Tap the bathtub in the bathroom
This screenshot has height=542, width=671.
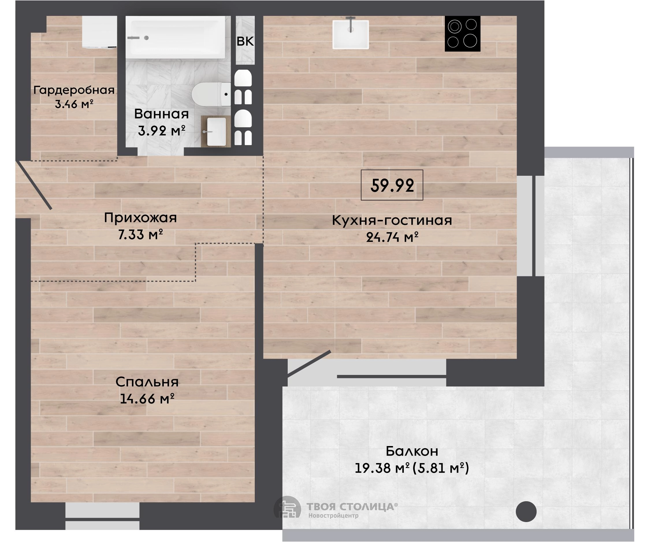click(175, 38)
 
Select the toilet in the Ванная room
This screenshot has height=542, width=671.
click(211, 94)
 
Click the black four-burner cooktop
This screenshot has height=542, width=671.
click(462, 34)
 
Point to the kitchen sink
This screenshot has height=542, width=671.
click(351, 34)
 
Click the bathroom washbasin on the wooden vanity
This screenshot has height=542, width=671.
click(216, 132)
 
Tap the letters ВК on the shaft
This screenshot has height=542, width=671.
click(245, 41)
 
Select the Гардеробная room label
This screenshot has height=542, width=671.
click(74, 90)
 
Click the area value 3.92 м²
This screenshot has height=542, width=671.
click(161, 130)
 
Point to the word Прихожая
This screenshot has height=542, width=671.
click(140, 218)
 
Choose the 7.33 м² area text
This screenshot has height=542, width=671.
click(140, 234)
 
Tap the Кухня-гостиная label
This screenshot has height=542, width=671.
click(392, 221)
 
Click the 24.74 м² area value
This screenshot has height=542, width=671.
click(392, 237)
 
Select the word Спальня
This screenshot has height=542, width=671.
click(147, 382)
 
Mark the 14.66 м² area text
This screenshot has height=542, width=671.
click(147, 399)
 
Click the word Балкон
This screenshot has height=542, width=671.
click(412, 451)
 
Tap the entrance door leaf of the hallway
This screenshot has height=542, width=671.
click(34, 185)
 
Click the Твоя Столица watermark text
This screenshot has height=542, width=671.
click(352, 506)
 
